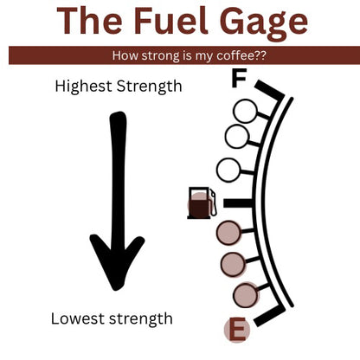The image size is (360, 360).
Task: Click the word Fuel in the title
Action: click(171, 21)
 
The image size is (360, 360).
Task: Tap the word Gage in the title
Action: click(264, 23)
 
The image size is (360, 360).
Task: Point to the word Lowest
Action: click(78, 318)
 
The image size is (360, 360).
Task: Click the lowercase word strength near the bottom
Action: click(141, 320)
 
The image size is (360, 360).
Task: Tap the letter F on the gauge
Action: click(239, 78)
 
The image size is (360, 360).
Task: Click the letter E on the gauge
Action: click(237, 329)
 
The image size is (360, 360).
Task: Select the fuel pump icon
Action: click(202, 202)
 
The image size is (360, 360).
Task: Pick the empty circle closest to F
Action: click(245, 111)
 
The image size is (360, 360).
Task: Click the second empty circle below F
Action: click(236, 137)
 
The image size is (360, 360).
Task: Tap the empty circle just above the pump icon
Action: click(228, 170)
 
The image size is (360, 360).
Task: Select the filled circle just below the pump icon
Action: click(228, 233)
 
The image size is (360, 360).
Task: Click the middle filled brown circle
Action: click(233, 264)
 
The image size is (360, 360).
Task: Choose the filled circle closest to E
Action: click(245, 295)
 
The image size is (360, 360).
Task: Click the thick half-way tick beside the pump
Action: click(239, 202)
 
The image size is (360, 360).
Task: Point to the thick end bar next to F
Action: click(269, 90)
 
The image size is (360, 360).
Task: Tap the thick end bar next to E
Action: click(269, 316)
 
